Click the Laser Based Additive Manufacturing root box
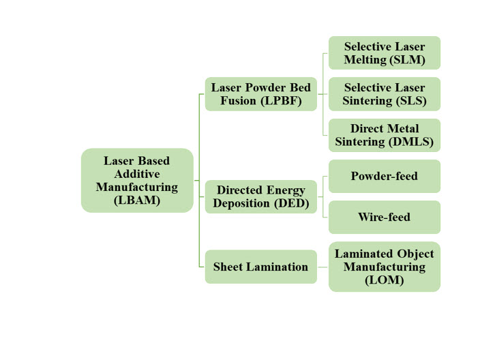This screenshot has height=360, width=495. click(x=137, y=180)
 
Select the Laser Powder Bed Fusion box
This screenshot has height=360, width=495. click(x=260, y=94)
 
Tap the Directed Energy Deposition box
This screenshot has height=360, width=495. click(x=260, y=196)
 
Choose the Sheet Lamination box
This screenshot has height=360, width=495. click(x=260, y=267)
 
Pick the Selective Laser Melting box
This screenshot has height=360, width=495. click(x=385, y=53)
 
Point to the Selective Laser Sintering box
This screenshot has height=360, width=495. click(x=385, y=94)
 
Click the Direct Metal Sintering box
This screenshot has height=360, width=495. click(x=385, y=135)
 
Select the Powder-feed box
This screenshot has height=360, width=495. click(x=385, y=176)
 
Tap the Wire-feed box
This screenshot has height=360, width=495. click(x=385, y=217)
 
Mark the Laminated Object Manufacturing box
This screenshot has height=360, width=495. click(x=385, y=267)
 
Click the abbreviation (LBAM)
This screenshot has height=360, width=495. click(x=137, y=200)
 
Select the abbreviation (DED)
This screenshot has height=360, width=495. click(x=292, y=203)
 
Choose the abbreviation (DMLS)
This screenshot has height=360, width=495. click(x=412, y=142)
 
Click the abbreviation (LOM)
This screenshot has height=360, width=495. click(x=385, y=280)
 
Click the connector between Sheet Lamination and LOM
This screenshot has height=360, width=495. click(x=322, y=267)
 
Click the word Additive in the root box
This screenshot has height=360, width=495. click(x=137, y=174)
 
